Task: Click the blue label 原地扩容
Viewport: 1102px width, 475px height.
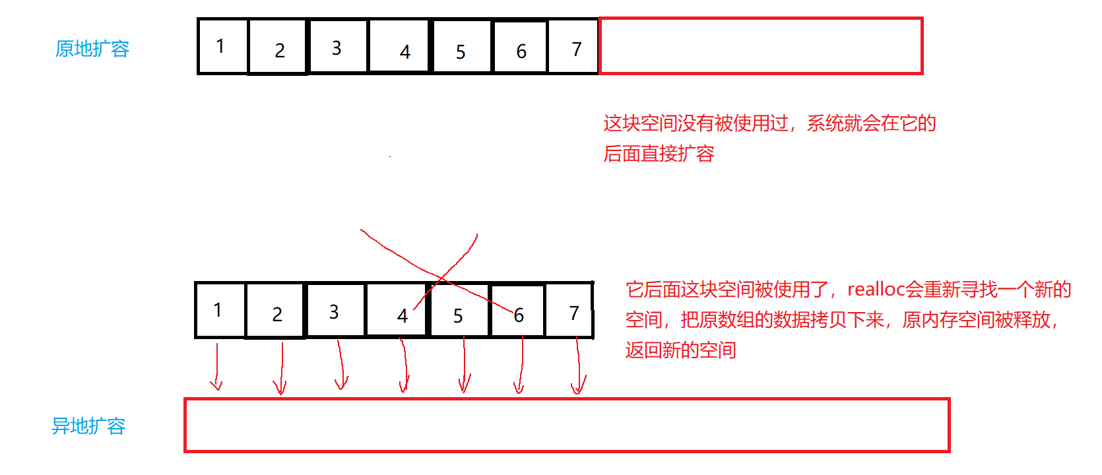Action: click(92, 49)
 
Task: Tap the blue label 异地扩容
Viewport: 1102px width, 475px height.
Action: click(88, 426)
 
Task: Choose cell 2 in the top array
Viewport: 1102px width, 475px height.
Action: click(278, 47)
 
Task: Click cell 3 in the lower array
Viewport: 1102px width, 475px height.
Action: click(335, 310)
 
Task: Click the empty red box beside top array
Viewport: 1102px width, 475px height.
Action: click(760, 46)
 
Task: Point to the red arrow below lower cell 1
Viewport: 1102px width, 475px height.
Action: click(216, 367)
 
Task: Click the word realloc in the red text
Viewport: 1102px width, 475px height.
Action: click(875, 290)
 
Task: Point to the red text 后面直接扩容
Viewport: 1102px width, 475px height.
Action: click(659, 154)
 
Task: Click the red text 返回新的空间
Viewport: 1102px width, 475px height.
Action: click(680, 350)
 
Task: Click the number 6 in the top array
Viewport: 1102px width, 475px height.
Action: click(521, 51)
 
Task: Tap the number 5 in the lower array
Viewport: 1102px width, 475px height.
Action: click(458, 316)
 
